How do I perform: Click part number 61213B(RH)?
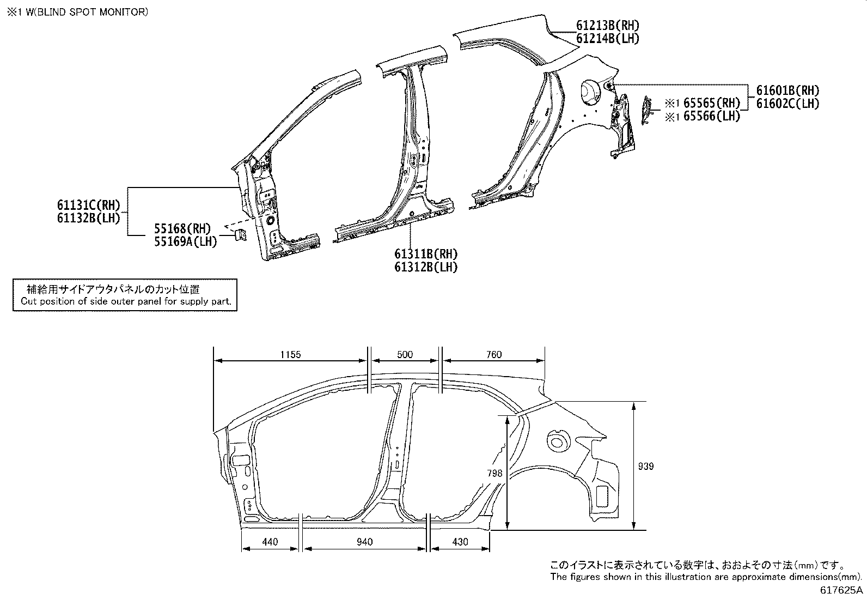[607, 25]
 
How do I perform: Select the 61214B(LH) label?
[607, 39]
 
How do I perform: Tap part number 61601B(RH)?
[787, 90]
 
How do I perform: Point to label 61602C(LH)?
[787, 104]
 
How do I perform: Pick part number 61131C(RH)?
[88, 205]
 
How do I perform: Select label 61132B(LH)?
[88, 218]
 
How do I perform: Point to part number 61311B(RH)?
[426, 254]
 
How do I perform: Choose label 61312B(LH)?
[426, 267]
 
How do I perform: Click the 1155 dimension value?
[290, 355]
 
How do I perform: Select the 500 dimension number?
[405, 355]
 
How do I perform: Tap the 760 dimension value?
[493, 355]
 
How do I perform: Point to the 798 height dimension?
[494, 474]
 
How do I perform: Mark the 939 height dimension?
[645, 467]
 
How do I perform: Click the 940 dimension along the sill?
[364, 542]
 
